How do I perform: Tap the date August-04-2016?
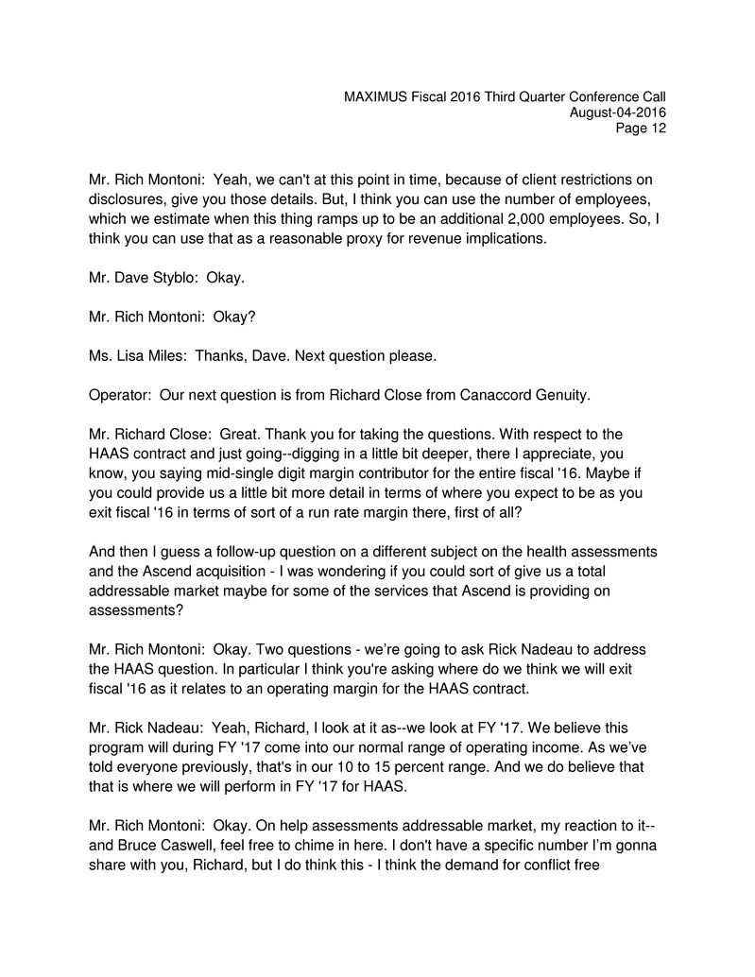click(618, 113)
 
